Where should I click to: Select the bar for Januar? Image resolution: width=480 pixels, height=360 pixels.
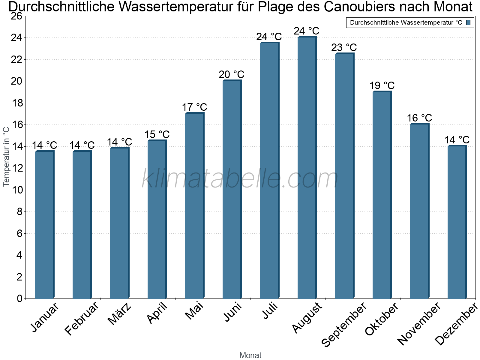point(44,225)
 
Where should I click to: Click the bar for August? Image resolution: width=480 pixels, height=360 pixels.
point(307,168)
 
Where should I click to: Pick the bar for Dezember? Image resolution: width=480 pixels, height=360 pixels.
point(457,222)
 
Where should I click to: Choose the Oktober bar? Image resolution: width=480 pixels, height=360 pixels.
point(382,195)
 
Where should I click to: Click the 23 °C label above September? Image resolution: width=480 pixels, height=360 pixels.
point(344,47)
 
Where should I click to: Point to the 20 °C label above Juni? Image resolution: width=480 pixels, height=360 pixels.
point(232,74)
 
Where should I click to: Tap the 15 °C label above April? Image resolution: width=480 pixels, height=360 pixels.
point(157,134)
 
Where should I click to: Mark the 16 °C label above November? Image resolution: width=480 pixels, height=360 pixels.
point(419,118)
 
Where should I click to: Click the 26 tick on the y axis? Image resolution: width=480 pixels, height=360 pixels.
point(16,16)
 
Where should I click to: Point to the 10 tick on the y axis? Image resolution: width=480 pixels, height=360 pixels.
point(16,190)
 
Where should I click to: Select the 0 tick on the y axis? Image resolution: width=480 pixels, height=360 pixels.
point(20,298)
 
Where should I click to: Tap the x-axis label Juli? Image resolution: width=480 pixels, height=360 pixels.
point(270,311)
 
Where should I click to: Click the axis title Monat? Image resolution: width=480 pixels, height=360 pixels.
point(250,355)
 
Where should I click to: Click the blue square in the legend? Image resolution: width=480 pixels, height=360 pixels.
point(469,22)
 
